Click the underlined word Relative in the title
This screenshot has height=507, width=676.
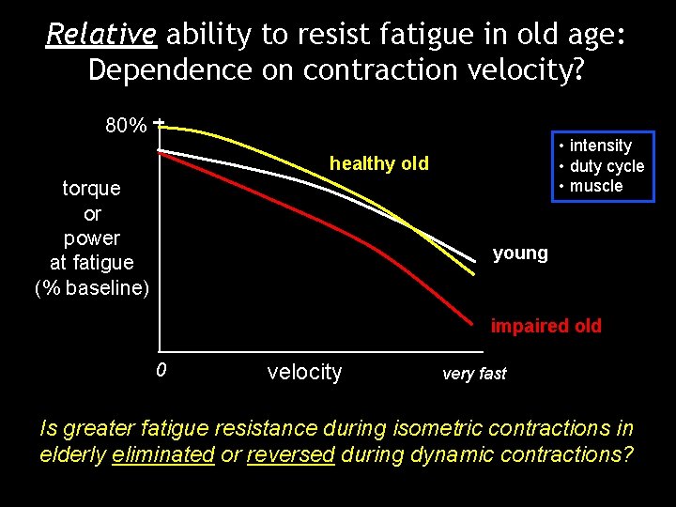click(x=101, y=36)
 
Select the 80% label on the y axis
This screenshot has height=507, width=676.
click(x=125, y=125)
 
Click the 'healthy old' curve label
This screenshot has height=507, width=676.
click(x=378, y=164)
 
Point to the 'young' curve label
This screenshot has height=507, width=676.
click(x=520, y=253)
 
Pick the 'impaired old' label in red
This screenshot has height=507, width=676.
click(x=545, y=327)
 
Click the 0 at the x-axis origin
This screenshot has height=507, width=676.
click(x=161, y=370)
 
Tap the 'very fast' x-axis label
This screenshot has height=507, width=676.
click(x=474, y=374)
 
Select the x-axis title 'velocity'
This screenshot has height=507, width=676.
click(x=304, y=372)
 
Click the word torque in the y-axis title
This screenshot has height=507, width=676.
click(x=91, y=188)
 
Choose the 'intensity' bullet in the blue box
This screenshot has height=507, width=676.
click(x=601, y=146)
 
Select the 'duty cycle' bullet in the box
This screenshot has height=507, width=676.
click(x=607, y=166)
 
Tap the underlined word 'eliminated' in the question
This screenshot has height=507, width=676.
click(x=162, y=454)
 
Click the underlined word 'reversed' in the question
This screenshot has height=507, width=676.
click(x=290, y=454)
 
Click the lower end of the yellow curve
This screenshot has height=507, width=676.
click(x=475, y=273)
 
